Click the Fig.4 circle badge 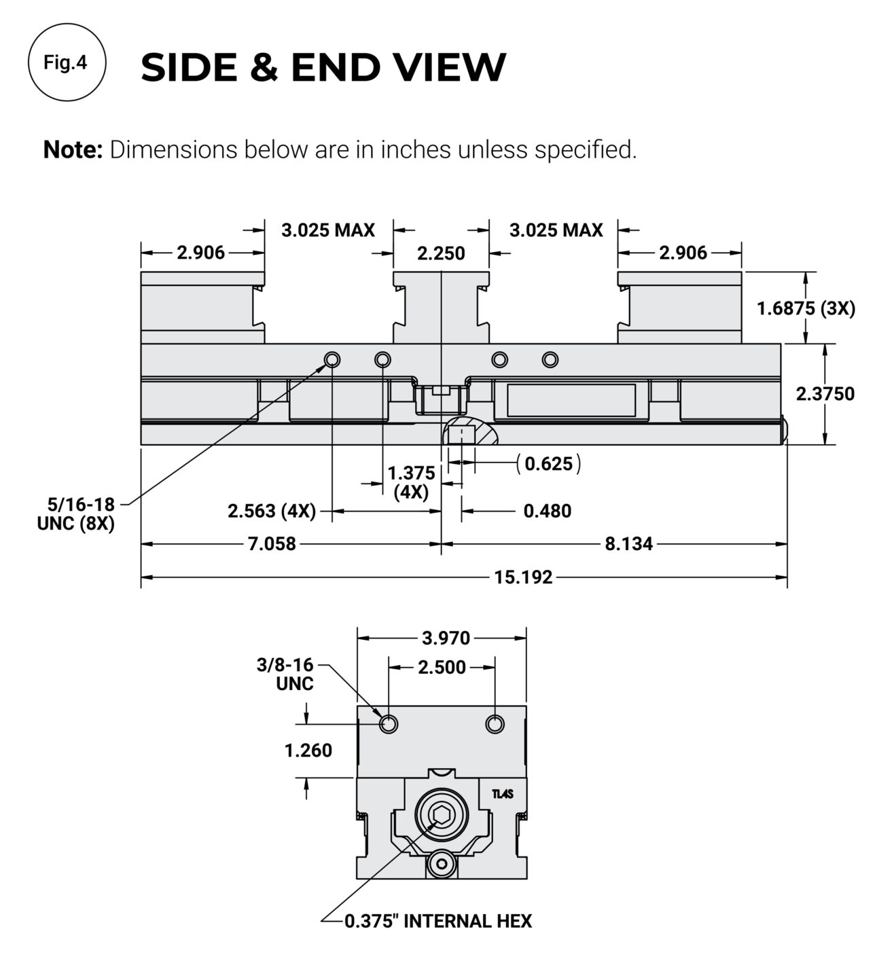[66, 62]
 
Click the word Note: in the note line [72, 149]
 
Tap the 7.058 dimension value [270, 543]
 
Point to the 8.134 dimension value [628, 543]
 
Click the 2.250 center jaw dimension [441, 253]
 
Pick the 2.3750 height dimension [825, 394]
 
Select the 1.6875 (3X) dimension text [806, 308]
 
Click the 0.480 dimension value [547, 511]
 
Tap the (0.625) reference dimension [548, 465]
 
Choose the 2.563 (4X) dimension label [272, 511]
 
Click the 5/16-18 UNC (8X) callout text [76, 514]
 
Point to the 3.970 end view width [446, 638]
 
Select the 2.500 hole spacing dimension [442, 667]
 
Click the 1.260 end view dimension [308, 750]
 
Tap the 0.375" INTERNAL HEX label [437, 921]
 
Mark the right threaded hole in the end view [495, 724]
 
